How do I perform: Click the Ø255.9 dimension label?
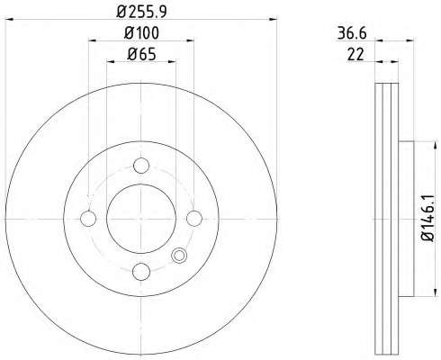click(x=141, y=12)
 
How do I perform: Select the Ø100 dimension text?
click(x=141, y=33)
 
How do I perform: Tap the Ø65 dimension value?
click(x=141, y=55)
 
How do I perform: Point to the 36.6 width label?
click(x=352, y=33)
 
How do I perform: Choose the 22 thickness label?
click(x=355, y=55)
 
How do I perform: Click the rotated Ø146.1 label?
click(x=427, y=218)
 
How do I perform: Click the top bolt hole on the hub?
click(x=141, y=166)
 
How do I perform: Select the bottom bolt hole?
click(x=141, y=272)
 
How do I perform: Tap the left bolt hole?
click(x=88, y=219)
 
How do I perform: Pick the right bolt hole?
click(x=194, y=219)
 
